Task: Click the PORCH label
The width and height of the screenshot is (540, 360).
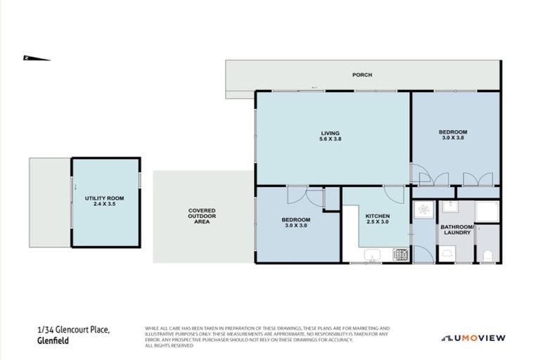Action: pos(363,75)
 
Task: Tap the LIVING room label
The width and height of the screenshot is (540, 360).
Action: pos(330,133)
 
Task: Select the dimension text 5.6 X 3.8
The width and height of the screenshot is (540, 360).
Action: pos(330,139)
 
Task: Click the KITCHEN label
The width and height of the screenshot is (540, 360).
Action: pos(378,216)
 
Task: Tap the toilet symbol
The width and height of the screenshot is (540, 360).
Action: pos(487,252)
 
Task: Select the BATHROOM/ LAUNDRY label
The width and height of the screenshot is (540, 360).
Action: pos(457,230)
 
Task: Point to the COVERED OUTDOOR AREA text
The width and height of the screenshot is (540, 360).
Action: pos(202,216)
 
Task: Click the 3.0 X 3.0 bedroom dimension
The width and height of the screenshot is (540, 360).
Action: pos(296,226)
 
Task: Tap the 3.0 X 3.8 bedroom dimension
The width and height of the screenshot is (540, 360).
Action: pos(453,139)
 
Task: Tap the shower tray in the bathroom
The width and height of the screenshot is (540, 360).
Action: pos(487,212)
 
